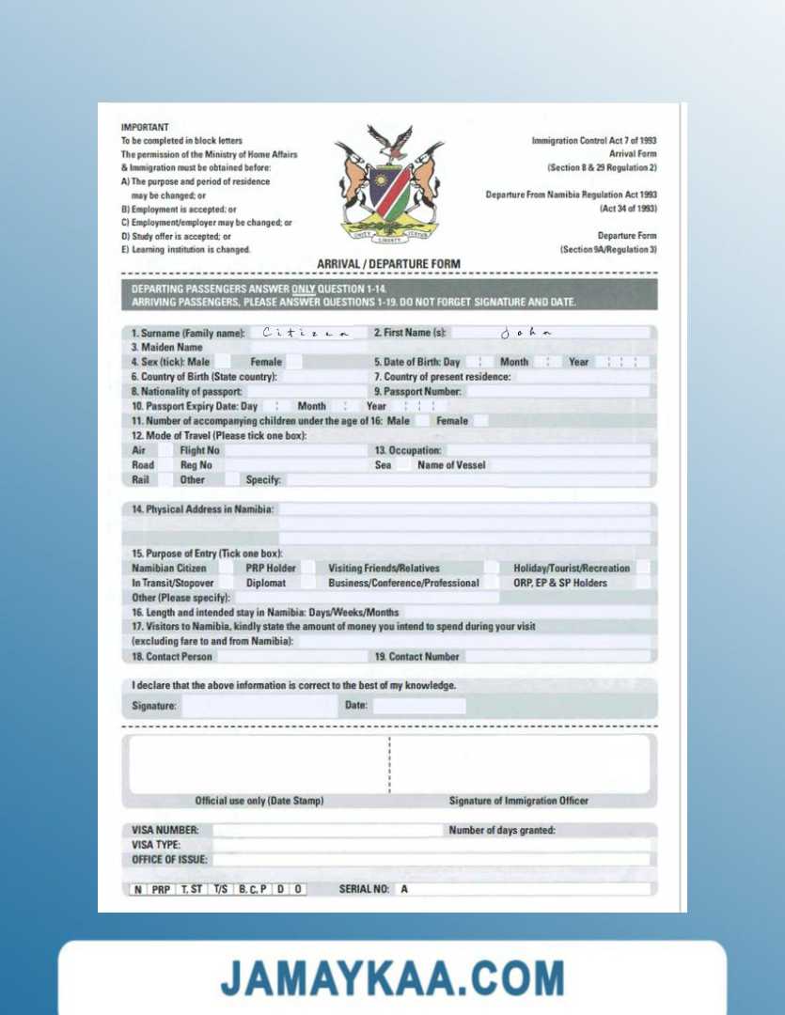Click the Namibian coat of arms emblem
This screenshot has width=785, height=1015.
389,186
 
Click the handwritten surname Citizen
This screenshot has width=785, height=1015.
306,333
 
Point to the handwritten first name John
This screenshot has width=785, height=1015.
526,333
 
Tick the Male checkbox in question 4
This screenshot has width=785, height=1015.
222,362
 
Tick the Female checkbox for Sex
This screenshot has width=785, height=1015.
293,362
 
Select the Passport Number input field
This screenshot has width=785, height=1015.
557,391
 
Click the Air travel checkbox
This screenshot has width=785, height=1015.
165,450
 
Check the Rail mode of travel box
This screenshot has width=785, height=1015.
165,479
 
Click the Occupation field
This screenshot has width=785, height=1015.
548,450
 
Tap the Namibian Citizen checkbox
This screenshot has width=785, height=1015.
226,568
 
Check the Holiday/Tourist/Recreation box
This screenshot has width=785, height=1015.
643,568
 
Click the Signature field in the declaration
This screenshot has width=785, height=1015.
258,706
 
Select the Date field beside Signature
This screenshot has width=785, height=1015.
418,706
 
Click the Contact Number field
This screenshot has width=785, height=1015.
557,656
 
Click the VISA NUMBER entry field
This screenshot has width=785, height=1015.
327,831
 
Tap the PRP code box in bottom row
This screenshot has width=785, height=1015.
162,889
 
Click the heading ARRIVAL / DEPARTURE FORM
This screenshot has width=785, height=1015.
389,264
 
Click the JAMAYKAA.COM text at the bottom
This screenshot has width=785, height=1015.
392,977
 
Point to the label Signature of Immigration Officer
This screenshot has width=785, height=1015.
519,801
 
